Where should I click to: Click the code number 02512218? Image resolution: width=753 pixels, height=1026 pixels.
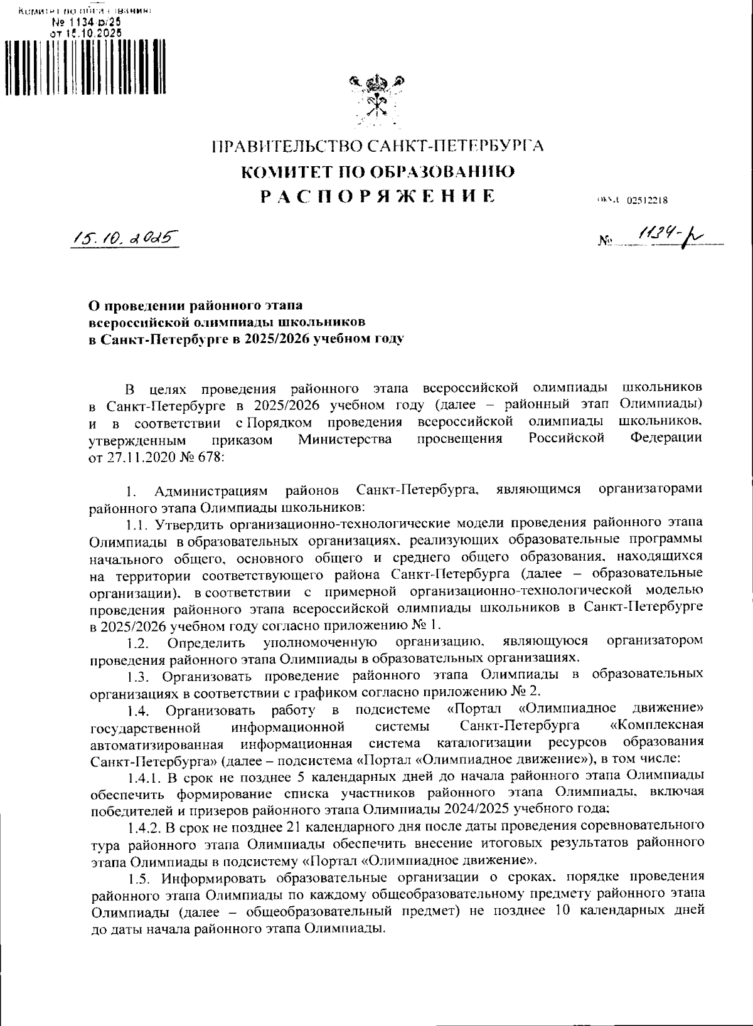tap(646, 201)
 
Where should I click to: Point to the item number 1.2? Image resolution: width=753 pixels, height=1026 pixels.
tap(136, 643)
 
